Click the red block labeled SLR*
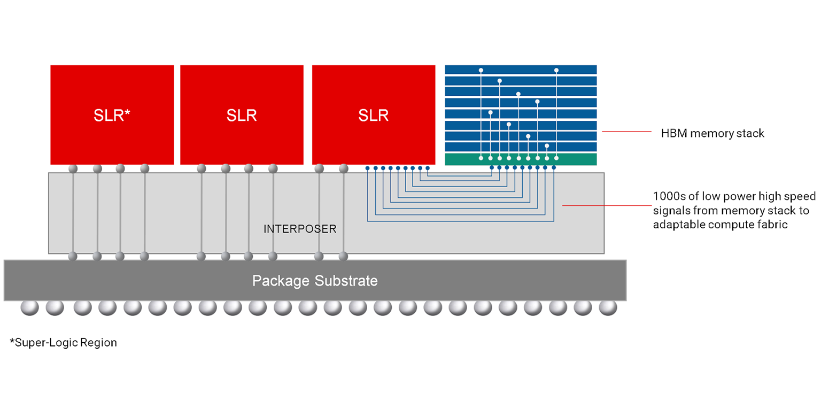(x=112, y=114)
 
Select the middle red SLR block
(x=242, y=114)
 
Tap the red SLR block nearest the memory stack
(x=373, y=114)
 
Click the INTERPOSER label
(x=300, y=229)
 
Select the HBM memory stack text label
(x=712, y=133)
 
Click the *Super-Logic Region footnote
(x=63, y=342)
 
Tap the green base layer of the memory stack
(x=521, y=159)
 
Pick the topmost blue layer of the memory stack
(x=521, y=70)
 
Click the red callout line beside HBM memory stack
(x=626, y=131)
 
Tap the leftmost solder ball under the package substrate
(x=29, y=308)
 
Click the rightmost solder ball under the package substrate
(x=608, y=308)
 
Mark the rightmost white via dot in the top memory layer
(x=556, y=70)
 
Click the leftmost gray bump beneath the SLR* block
(x=73, y=168)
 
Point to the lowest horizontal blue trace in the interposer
(x=460, y=220)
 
